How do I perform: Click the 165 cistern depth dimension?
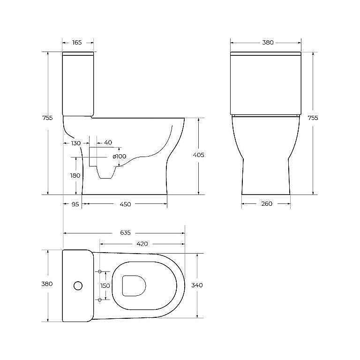coord(77,43)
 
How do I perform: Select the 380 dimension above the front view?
coord(268,43)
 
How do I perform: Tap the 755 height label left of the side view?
coord(47,118)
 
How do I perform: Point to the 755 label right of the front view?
coord(313,118)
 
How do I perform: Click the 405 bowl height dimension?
coord(199,155)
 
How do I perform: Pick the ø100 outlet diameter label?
coord(120,157)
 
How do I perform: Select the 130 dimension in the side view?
coord(76,143)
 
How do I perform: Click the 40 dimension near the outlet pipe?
coord(108,142)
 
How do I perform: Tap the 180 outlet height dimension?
coord(75,176)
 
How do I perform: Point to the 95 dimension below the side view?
coord(75,204)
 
